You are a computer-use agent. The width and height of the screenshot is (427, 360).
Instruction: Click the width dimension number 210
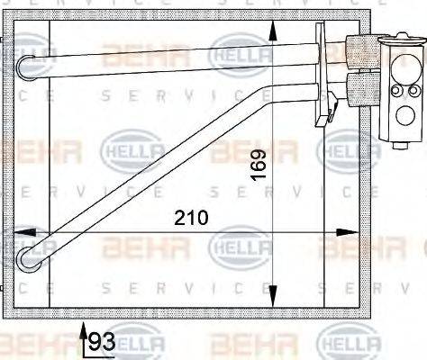pyautogui.click(x=191, y=218)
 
